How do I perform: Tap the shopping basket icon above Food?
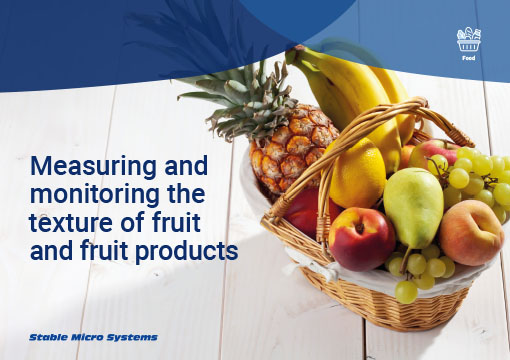[468, 40]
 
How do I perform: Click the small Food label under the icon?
[468, 58]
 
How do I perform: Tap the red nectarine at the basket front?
[361, 238]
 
